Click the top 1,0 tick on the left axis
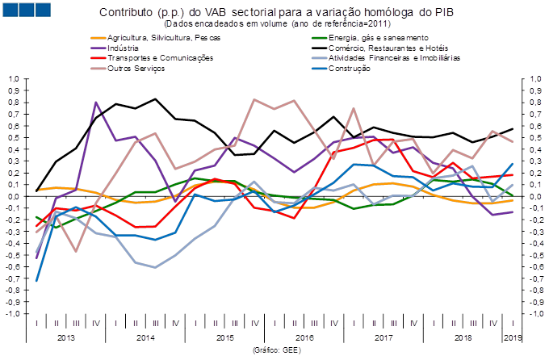point(14,79)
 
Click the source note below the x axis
point(277,350)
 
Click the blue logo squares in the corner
point(27,10)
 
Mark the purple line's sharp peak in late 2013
point(97,103)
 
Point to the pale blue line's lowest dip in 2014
point(155,267)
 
